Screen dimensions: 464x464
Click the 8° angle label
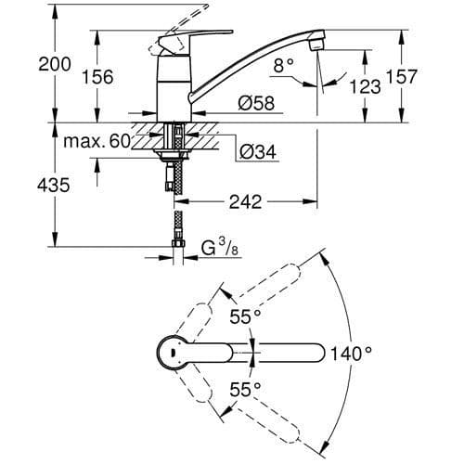coord(284,66)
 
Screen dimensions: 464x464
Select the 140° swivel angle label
coord(351,353)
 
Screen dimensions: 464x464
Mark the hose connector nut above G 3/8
coord(176,248)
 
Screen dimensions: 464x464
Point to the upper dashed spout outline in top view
coord(264,289)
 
